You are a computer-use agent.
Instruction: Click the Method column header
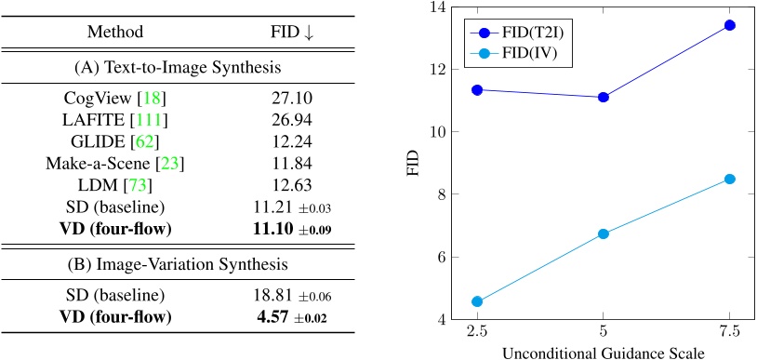(111, 32)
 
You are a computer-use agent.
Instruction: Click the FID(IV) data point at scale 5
(604, 233)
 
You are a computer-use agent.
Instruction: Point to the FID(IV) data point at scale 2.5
(477, 301)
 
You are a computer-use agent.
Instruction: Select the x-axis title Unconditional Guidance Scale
(603, 353)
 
